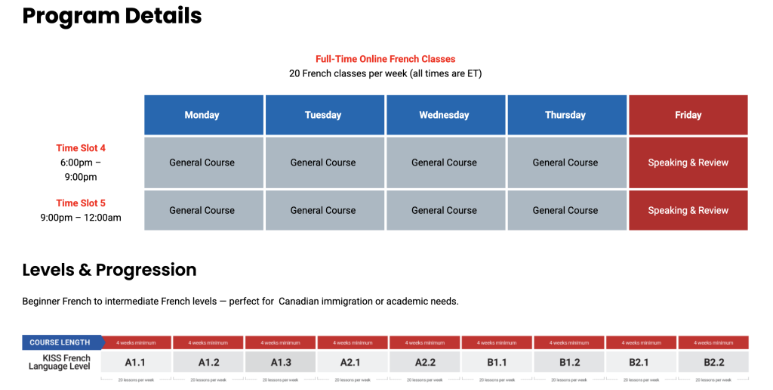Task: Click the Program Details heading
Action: [x=112, y=15]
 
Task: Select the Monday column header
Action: [x=202, y=115]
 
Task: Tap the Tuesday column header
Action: [x=323, y=115]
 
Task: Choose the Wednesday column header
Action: [x=444, y=115]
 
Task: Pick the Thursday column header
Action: [x=565, y=115]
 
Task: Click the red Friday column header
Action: [x=688, y=115]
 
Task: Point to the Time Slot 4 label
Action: [x=81, y=148]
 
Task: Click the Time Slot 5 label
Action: [x=81, y=203]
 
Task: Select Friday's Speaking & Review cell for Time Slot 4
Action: [x=688, y=162]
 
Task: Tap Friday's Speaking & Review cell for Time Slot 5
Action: [x=688, y=210]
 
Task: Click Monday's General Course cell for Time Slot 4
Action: [x=202, y=162]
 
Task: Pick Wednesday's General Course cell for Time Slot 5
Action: [x=444, y=210]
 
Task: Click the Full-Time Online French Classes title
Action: [x=385, y=59]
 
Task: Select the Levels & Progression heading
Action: [x=109, y=270]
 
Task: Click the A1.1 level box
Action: [x=136, y=362]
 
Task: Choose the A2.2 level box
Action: [x=425, y=362]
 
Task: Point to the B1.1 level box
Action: [x=497, y=362]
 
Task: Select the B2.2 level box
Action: [x=713, y=362]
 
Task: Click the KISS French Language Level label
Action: [x=60, y=362]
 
